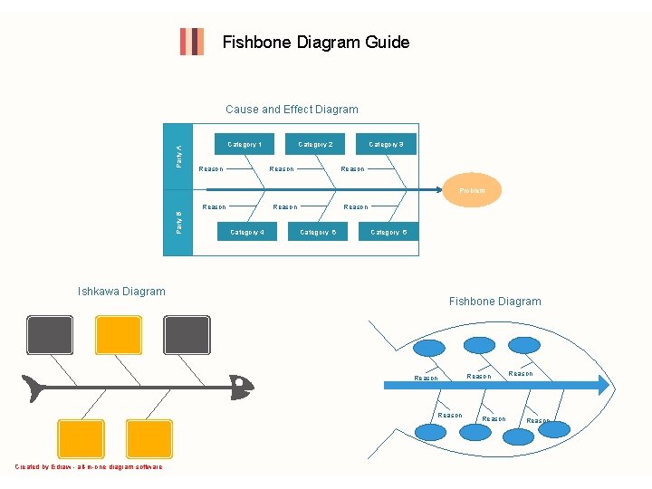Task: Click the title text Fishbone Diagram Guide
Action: [316, 43]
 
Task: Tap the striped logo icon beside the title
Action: [191, 42]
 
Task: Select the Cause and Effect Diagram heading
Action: [292, 110]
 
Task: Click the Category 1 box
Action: [244, 144]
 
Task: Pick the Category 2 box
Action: [315, 144]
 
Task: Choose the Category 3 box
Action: [386, 144]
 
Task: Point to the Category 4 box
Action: [247, 233]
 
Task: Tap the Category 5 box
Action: [318, 233]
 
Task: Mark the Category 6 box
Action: [388, 233]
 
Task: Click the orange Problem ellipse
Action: [472, 190]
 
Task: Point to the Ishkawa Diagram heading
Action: [121, 292]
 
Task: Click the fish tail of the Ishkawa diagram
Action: [34, 388]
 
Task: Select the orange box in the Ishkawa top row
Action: [119, 334]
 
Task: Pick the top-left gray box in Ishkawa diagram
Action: [50, 334]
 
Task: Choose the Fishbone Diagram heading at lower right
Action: [494, 302]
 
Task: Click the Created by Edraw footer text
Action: [89, 467]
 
